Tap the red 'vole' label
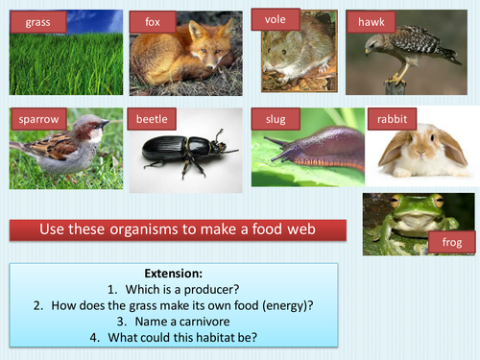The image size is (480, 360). pyautogui.click(x=276, y=17)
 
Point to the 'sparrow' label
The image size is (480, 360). pyautogui.click(x=39, y=120)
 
